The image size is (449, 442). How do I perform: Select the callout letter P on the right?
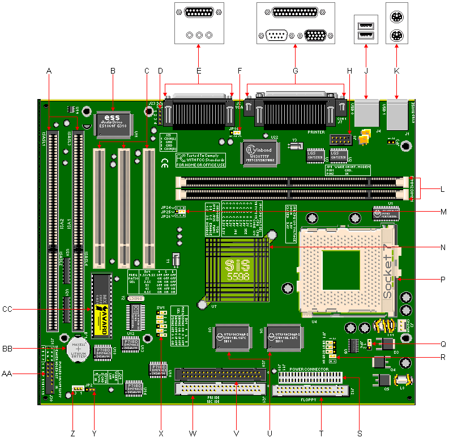click(x=442, y=279)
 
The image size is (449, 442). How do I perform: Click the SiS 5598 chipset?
click(x=237, y=269)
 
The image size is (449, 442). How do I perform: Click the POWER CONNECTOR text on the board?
click(x=309, y=369)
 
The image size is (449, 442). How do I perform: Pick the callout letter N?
click(x=442, y=247)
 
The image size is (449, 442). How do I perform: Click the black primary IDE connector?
click(x=221, y=375)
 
